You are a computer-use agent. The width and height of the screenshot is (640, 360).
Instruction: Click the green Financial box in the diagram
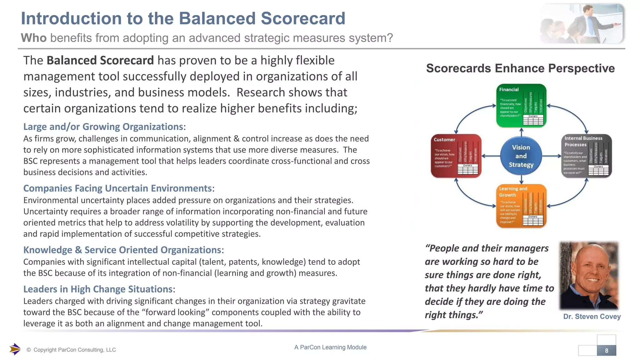pos(521,105)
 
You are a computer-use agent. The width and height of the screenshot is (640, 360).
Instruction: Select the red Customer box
pos(456,156)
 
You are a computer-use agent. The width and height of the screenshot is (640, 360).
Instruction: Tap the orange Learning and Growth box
pos(521,206)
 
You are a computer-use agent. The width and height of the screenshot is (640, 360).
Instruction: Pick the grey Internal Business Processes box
pos(586,156)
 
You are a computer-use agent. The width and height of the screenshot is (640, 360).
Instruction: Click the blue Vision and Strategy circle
pos(521,156)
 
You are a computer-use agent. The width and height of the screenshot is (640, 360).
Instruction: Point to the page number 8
pos(606,350)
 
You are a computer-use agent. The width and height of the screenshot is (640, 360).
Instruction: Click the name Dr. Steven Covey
pos(592,317)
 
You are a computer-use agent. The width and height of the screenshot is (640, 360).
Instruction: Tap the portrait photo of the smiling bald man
pos(589,275)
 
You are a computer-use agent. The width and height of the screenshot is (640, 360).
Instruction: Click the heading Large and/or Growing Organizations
pos(103,127)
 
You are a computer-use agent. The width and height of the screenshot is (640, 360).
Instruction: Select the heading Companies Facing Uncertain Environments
pos(117,188)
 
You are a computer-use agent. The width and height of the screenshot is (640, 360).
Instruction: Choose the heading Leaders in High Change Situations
pos(98,289)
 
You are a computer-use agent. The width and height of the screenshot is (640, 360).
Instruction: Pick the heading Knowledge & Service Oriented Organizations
pos(122,250)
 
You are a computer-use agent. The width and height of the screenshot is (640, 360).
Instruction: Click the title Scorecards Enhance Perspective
pos(520,68)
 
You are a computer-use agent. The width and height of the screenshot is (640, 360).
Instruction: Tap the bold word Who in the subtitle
pos(34,38)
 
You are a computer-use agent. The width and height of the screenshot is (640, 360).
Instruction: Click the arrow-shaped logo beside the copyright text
pos(15,349)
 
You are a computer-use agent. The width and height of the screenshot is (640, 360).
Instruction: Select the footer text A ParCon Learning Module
pos(330,347)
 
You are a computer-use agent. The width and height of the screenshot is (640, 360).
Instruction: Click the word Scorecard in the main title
pos(303,18)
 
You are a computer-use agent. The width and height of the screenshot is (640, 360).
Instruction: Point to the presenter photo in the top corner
pos(582,23)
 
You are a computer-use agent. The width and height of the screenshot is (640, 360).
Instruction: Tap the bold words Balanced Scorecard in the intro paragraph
pos(100,60)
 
